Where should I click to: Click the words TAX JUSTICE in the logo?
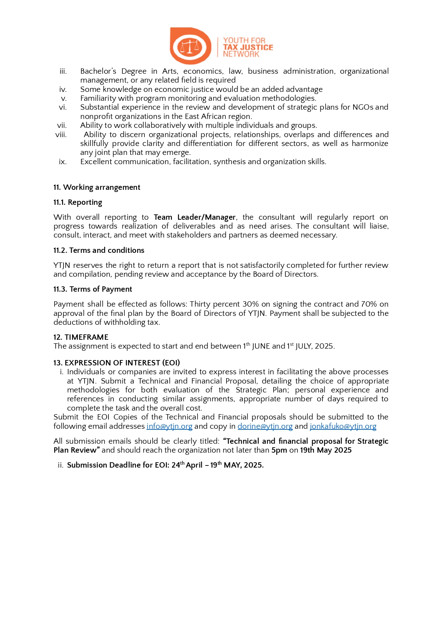pos(248,47)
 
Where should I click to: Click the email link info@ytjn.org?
pos(169,426)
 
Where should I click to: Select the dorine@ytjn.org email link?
pos(265,426)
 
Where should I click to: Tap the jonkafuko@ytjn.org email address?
pos(343,426)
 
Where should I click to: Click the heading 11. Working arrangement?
pos(97,187)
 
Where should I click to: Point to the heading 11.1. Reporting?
pos(78,202)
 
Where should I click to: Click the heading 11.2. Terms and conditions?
pos(99,250)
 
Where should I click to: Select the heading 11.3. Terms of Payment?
pos(93,289)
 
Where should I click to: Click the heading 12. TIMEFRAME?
pos(81,337)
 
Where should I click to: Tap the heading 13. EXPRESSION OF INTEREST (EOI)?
pos(117,363)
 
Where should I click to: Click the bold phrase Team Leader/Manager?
pos(195,217)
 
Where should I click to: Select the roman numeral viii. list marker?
pos(61,135)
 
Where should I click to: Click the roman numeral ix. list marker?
pos(63,162)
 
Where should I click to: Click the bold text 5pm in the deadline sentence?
pos(279,450)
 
